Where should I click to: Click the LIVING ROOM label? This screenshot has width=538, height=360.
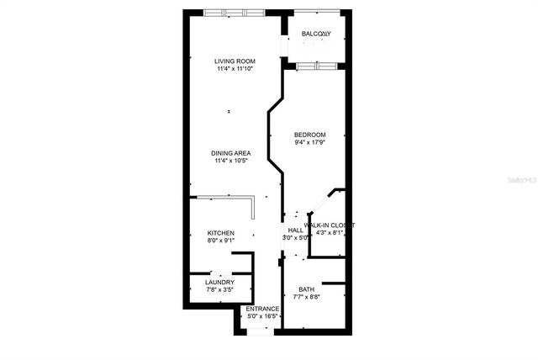pos(235,61)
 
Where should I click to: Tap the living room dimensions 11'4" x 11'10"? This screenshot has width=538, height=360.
pos(235,70)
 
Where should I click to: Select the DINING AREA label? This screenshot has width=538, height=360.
pos(231,152)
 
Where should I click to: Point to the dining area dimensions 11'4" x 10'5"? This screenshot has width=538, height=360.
pos(231,161)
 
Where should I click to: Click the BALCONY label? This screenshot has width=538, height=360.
pos(316,34)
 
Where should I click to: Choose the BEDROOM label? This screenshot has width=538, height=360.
pos(309,135)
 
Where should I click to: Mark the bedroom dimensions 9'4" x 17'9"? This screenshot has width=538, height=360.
pos(309,143)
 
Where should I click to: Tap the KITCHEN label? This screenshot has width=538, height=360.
pos(220,233)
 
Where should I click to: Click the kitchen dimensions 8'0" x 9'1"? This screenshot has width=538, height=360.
pos(220,241)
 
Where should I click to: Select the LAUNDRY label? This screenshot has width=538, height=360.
pos(219,282)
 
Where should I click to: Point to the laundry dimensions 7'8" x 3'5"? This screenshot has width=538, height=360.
pos(219,290)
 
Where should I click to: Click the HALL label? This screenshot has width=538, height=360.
pos(295,230)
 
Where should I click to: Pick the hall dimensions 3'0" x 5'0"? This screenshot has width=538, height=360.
pos(295,238)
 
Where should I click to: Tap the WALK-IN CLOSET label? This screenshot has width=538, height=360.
pos(330,225)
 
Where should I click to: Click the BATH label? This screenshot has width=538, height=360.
pos(306,289)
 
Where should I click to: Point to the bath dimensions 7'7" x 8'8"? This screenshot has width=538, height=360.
pos(306,298)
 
